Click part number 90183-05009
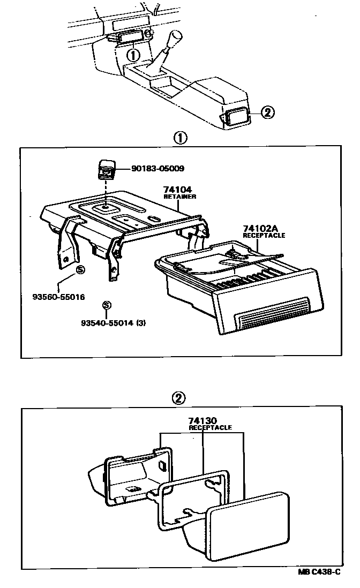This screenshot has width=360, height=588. [157, 169]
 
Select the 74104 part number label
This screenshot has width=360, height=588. [178, 190]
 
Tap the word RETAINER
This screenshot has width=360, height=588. [179, 197]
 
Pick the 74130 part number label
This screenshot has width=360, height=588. [202, 421]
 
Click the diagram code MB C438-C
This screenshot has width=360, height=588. [319, 572]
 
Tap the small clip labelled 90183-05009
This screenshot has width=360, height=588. [105, 169]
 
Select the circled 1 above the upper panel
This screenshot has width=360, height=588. [180, 138]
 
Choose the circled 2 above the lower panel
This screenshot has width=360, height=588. [179, 398]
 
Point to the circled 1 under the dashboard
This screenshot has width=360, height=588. [133, 54]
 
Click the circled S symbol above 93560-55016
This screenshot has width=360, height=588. [80, 269]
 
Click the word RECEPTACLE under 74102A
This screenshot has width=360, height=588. [264, 235]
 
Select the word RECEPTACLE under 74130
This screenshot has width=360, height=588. [210, 428]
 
